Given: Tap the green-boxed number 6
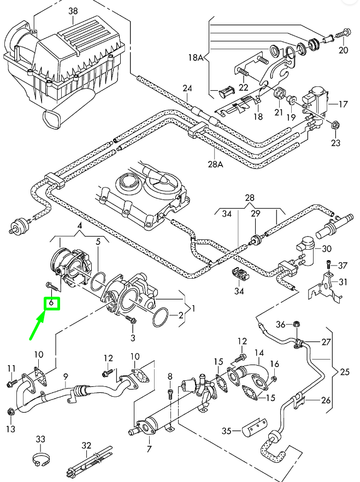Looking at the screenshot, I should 51,302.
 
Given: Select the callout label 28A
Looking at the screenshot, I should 216,163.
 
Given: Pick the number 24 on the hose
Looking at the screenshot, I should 187,89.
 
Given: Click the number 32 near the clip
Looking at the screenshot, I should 86,445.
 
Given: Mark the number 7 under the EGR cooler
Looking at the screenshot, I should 148,449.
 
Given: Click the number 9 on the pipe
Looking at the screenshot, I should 65,377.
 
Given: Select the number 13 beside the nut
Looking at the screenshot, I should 11,429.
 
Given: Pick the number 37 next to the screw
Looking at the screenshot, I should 342,266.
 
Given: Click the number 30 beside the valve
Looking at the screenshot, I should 327,249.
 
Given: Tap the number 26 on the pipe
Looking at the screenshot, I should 326,400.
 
